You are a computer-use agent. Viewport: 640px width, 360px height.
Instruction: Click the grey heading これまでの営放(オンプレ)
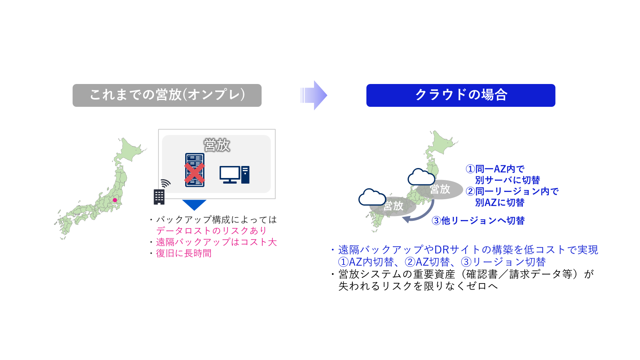click(167, 95)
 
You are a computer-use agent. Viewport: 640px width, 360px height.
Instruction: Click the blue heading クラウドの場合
click(460, 95)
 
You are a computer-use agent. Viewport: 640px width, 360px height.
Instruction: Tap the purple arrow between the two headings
click(314, 95)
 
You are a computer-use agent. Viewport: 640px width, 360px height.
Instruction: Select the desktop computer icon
click(234, 175)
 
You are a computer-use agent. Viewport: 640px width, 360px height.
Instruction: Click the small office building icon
click(159, 196)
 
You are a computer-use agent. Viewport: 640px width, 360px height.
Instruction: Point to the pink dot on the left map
click(115, 200)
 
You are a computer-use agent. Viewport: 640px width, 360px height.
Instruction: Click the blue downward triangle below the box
click(194, 204)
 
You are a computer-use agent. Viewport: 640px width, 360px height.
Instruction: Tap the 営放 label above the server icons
click(217, 145)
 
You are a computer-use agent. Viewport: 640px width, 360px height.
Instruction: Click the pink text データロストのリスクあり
click(211, 231)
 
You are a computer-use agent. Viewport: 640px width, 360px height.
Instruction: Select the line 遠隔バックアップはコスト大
click(216, 242)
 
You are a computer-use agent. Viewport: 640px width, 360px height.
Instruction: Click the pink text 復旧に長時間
click(184, 253)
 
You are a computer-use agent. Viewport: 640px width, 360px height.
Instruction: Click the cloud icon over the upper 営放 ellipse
click(421, 177)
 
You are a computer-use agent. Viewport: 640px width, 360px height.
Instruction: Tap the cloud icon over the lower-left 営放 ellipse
click(372, 197)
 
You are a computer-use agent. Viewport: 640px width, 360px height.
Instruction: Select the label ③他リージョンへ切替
click(478, 220)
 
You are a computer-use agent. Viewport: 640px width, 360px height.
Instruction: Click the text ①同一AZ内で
click(495, 169)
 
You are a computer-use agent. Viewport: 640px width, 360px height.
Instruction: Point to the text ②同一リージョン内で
click(512, 191)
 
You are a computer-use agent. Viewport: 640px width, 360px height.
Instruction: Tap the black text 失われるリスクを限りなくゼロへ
click(418, 286)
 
